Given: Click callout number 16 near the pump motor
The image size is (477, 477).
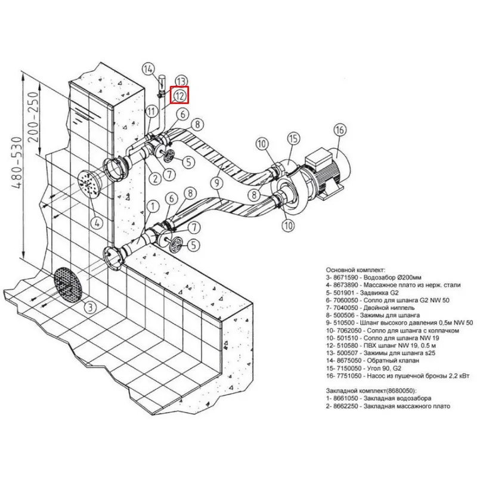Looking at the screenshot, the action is [x=340, y=130].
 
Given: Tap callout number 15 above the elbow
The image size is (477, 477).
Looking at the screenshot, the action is [x=293, y=139].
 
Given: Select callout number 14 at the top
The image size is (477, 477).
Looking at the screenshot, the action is [x=148, y=69].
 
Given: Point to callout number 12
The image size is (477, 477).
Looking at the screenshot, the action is [x=179, y=96].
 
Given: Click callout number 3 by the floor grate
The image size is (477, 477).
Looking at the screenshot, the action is [x=90, y=308].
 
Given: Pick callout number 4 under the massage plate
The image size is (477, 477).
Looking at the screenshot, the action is [x=97, y=223].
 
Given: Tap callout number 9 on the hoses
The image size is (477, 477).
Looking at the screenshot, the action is [x=217, y=183].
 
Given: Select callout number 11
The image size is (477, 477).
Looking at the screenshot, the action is [x=151, y=111].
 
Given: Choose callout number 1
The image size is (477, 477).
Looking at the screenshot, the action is [x=153, y=207].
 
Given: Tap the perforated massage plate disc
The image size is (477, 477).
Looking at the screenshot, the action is [x=88, y=184].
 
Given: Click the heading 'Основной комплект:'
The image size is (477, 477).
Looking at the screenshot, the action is [x=355, y=270].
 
